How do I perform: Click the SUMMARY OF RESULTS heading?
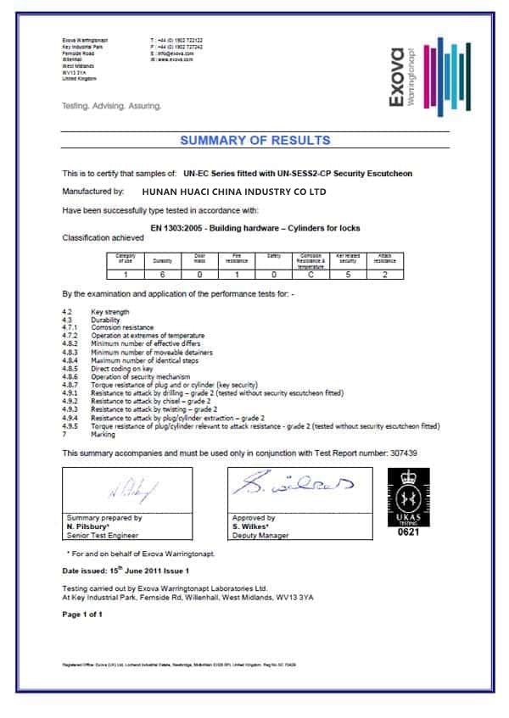[255, 141]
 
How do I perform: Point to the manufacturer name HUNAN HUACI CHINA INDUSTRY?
[234, 192]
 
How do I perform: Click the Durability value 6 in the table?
[162, 273]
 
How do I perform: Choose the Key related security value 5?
[347, 273]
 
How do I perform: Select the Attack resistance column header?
[386, 259]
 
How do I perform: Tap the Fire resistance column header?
[237, 259]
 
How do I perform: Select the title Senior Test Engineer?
[103, 535]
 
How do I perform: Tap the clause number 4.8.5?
[70, 369]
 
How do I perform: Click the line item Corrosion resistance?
[123, 327]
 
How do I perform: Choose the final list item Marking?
[103, 434]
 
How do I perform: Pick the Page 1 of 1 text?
[83, 613]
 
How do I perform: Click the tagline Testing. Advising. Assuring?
[111, 107]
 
